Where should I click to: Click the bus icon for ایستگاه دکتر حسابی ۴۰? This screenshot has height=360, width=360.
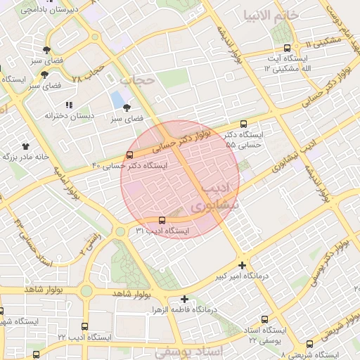(x=129, y=155)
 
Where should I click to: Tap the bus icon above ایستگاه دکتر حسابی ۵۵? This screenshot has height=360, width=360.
(x=244, y=123)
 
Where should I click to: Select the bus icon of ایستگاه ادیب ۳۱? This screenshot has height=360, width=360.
(x=162, y=219)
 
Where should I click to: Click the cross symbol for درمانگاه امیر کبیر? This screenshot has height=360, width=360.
(x=243, y=266)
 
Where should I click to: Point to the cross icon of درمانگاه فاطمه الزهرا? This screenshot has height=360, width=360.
(x=184, y=299)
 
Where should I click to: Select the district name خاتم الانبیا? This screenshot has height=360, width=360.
(x=271, y=15)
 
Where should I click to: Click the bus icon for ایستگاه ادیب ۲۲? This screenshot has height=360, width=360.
(x=85, y=327)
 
